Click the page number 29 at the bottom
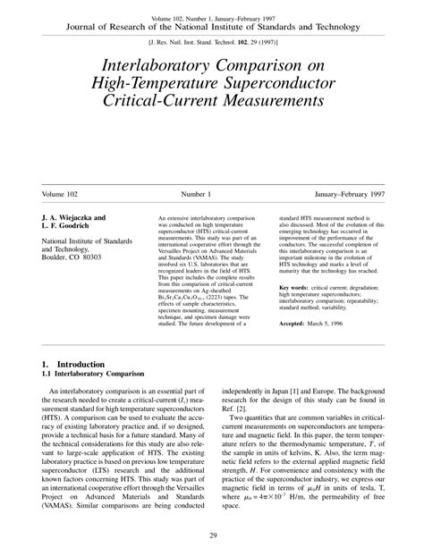point(212,535)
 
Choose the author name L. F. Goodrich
point(68,225)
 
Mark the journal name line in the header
point(212,27)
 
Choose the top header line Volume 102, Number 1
point(212,18)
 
